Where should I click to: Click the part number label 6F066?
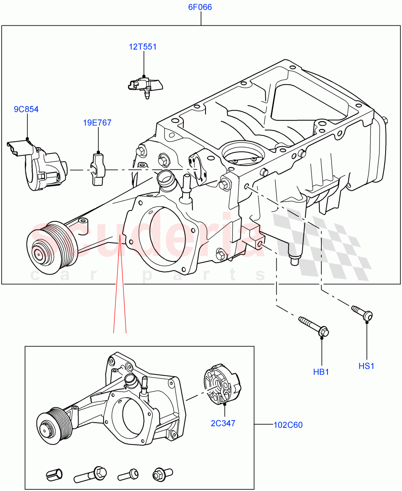(x=200, y=7)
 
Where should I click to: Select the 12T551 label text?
(x=143, y=47)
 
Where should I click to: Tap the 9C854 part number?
(x=27, y=109)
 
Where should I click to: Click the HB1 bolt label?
(x=321, y=372)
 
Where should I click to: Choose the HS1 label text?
(x=366, y=366)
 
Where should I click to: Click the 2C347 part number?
(x=223, y=423)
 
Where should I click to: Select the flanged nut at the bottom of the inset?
(x=159, y=475)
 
